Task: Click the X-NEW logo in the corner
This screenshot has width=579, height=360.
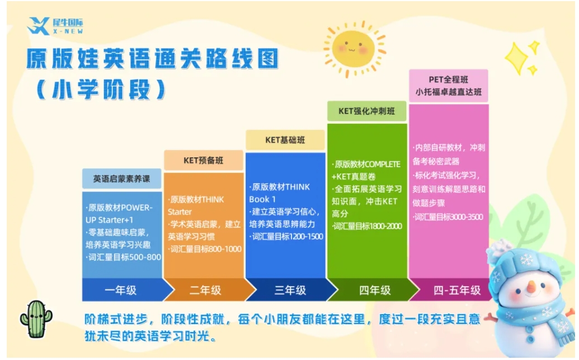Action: (55, 26)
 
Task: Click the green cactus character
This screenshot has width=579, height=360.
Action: (36, 319)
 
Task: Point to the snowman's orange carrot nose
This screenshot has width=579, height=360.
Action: (531, 286)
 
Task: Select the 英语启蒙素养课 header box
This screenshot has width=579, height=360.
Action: (121, 179)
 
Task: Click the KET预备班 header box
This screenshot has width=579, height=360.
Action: (204, 161)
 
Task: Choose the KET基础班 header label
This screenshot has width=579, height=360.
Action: (285, 140)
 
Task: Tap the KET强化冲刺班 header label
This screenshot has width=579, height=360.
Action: (366, 111)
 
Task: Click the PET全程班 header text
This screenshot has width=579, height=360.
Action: (448, 80)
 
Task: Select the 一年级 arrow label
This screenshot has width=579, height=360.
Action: (121, 290)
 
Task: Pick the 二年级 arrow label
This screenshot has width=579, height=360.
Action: (205, 290)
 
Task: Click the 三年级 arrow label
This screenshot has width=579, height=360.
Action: (290, 290)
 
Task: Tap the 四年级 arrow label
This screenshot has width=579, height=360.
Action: (375, 290)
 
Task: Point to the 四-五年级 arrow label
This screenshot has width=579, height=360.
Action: (457, 290)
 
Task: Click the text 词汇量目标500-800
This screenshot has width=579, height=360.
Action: (124, 257)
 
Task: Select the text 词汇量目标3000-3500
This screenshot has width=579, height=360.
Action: (448, 217)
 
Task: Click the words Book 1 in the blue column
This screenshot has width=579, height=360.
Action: (262, 199)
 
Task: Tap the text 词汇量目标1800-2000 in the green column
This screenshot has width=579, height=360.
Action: (366, 226)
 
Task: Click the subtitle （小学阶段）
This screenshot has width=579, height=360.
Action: (101, 90)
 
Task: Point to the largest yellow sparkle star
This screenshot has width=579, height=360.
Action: (517, 58)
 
